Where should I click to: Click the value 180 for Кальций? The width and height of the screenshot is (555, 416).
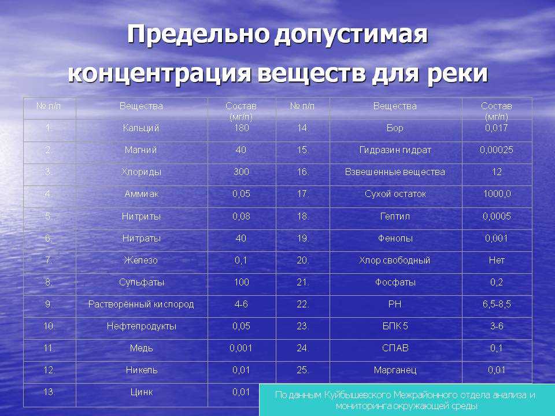[241, 128]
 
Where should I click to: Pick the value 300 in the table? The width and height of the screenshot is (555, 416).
[241, 172]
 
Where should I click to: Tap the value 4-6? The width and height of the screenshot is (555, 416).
[241, 304]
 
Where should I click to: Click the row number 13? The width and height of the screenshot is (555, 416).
[49, 392]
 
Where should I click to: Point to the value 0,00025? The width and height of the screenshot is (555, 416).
[496, 150]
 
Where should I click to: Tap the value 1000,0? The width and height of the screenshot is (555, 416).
[497, 194]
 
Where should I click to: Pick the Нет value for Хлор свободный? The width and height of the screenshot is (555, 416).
[497, 261]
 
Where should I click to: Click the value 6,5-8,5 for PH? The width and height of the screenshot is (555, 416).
[497, 304]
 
